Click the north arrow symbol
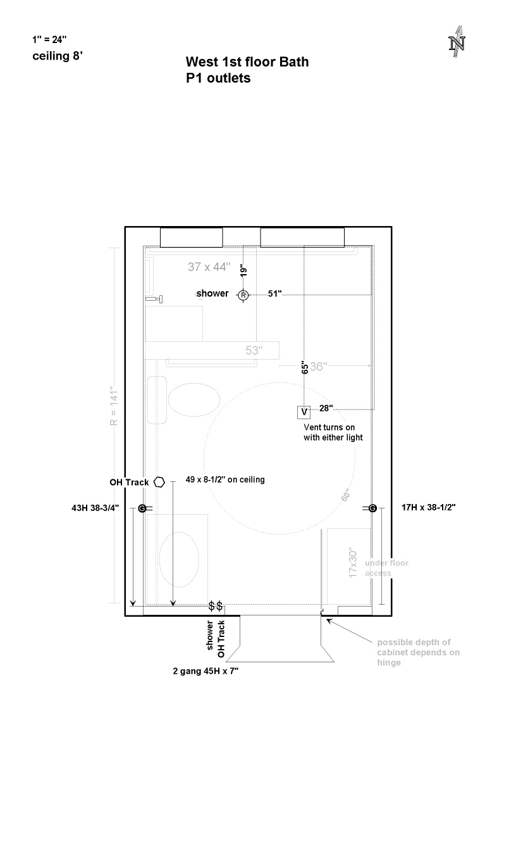[x=457, y=42]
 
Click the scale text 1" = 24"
[x=50, y=39]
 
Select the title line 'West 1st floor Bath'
[x=247, y=62]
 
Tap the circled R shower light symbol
[x=243, y=295]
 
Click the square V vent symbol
[x=304, y=413]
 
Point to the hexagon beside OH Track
[x=159, y=482]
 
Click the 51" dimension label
[x=274, y=294]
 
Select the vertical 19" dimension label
[x=243, y=271]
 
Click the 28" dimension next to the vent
[x=326, y=408]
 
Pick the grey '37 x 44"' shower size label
[x=209, y=267]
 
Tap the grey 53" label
[x=255, y=350]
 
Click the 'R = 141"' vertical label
[x=114, y=406]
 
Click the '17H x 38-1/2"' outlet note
[x=429, y=508]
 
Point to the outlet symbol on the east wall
[x=372, y=508]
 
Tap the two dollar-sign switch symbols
[x=215, y=607]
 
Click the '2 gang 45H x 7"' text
[x=206, y=671]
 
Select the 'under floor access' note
[x=386, y=568]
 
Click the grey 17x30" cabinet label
[x=354, y=562]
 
